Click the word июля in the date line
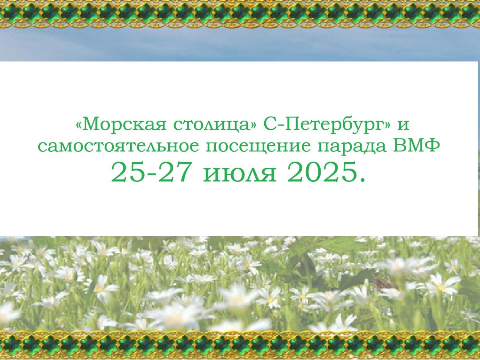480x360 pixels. [x=240, y=174]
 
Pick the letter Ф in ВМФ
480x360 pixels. [x=431, y=146]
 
